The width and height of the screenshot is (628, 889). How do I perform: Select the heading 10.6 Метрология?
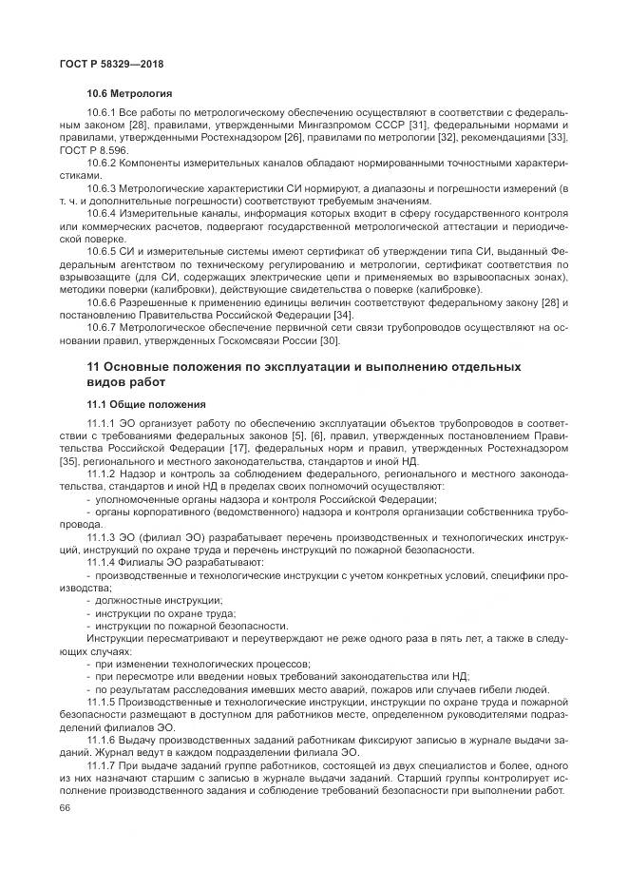coord(129,95)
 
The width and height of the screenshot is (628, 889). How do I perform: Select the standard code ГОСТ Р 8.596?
coord(90,150)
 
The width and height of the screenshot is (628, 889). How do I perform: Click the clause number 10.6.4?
coord(101,212)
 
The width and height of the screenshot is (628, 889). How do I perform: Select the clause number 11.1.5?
coord(101,701)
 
